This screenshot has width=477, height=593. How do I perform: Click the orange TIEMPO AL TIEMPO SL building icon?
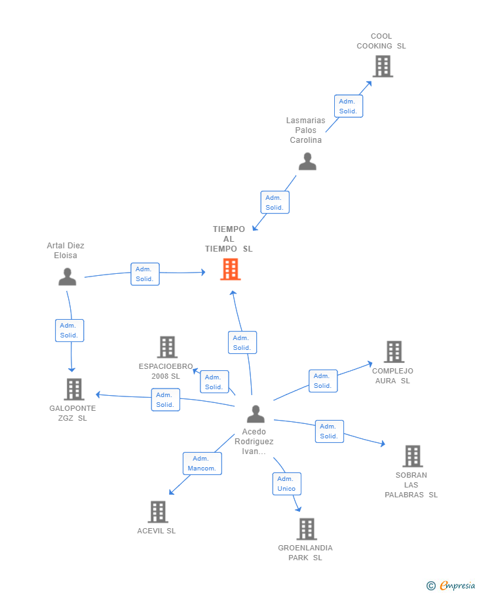click(230, 269)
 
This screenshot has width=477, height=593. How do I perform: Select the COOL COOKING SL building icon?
click(383, 66)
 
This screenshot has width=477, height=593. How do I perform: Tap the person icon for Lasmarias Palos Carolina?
click(307, 161)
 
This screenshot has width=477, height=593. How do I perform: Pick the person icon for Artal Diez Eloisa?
click(67, 277)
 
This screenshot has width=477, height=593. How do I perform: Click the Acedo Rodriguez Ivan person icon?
click(256, 414)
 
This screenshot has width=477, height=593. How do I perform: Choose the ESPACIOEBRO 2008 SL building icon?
click(168, 347)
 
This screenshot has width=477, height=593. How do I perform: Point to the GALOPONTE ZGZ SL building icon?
click(74, 389)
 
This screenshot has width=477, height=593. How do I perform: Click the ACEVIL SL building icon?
click(158, 512)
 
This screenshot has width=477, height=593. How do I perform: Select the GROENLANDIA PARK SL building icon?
click(307, 529)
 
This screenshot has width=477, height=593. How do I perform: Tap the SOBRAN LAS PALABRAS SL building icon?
click(412, 456)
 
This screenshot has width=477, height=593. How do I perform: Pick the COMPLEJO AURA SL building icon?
click(394, 352)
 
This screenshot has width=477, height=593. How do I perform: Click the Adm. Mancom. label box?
click(202, 463)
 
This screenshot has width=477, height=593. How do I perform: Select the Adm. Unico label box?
click(286, 484)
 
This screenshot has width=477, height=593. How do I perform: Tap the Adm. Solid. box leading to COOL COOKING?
click(348, 106)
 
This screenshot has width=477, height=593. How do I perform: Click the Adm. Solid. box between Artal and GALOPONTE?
click(69, 330)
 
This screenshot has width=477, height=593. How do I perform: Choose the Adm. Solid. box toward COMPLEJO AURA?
click(322, 381)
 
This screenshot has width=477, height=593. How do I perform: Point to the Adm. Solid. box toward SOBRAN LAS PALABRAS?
click(329, 431)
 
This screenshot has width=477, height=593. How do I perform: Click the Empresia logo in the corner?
click(451, 585)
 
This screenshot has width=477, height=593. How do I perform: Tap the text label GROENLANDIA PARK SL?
click(305, 552)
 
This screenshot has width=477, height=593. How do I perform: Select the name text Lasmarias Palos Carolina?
click(306, 130)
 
